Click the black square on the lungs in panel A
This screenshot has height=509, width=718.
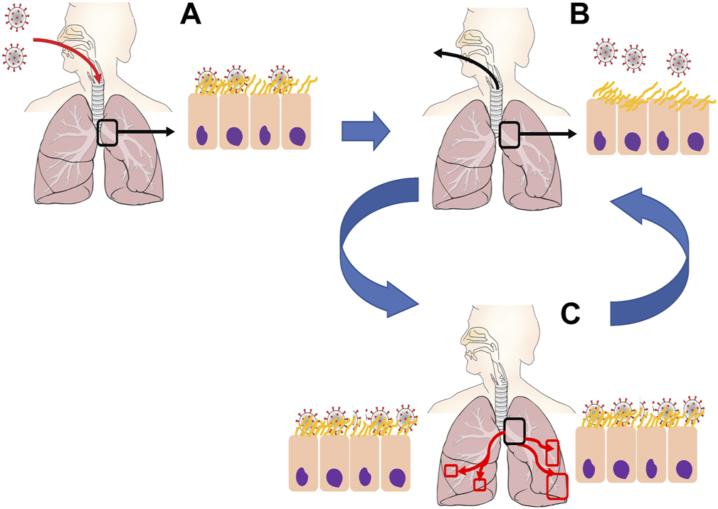[x=106, y=132]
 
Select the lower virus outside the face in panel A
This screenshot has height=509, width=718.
[x=16, y=56]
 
